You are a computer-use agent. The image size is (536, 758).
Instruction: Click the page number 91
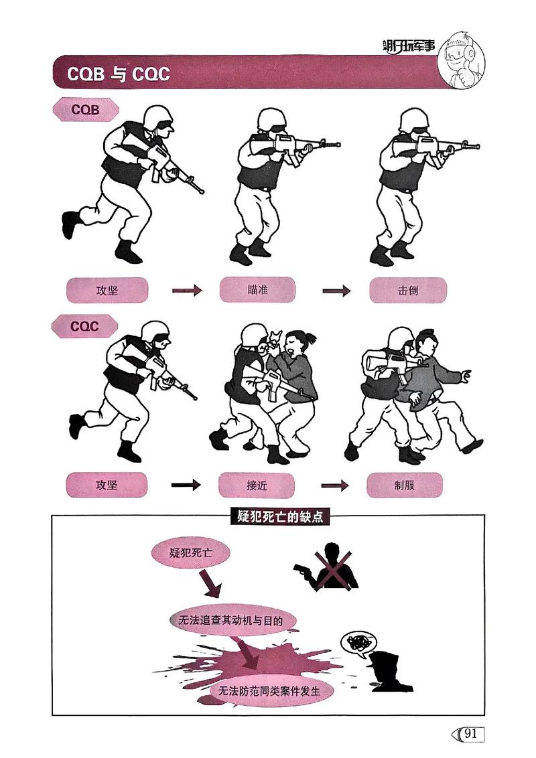pyautogui.click(x=470, y=733)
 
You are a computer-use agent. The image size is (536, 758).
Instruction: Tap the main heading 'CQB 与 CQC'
pyautogui.click(x=118, y=74)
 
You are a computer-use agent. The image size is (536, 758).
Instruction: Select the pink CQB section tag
pyautogui.click(x=86, y=110)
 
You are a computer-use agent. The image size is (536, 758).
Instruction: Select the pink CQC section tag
pyautogui.click(x=85, y=327)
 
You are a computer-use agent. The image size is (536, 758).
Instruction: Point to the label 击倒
pyautogui.click(x=407, y=290)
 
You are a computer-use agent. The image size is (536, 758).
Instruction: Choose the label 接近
pyautogui.click(x=257, y=485)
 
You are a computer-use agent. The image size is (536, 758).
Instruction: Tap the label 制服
pyautogui.click(x=405, y=485)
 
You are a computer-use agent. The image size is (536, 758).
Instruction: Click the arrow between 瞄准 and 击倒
pyautogui.click(x=337, y=291)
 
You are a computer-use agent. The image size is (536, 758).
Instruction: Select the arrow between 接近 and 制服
pyautogui.click(x=336, y=485)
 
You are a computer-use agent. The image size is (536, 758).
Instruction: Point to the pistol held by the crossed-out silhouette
pyautogui.click(x=302, y=571)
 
